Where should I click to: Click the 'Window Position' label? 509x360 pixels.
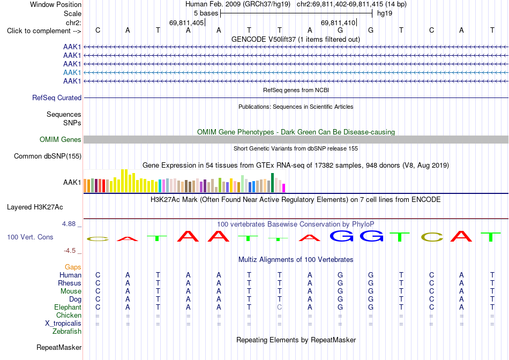(56, 4)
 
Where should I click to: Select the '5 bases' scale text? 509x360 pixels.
(206, 13)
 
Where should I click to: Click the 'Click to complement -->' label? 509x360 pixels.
(44, 31)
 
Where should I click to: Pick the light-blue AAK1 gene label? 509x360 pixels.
(72, 72)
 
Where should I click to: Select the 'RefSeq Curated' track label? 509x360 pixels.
(57, 97)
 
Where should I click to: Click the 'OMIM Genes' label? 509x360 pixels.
(61, 140)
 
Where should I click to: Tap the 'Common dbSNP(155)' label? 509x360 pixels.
(48, 156)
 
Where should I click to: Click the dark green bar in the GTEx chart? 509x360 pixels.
(273, 183)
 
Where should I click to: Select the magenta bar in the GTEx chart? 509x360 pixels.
(284, 188)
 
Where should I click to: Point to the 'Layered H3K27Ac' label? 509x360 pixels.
(35, 207)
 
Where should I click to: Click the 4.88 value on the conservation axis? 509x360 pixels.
(69, 224)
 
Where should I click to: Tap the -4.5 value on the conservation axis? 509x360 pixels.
(70, 251)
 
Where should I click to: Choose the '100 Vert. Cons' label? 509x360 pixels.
(30, 237)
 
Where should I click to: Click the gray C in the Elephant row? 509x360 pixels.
(280, 307)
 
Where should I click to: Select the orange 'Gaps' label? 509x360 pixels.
(73, 267)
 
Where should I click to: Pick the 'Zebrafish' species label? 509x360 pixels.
(67, 332)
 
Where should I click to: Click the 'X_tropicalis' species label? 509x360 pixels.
(63, 324)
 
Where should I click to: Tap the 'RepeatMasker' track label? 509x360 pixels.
(59, 347)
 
